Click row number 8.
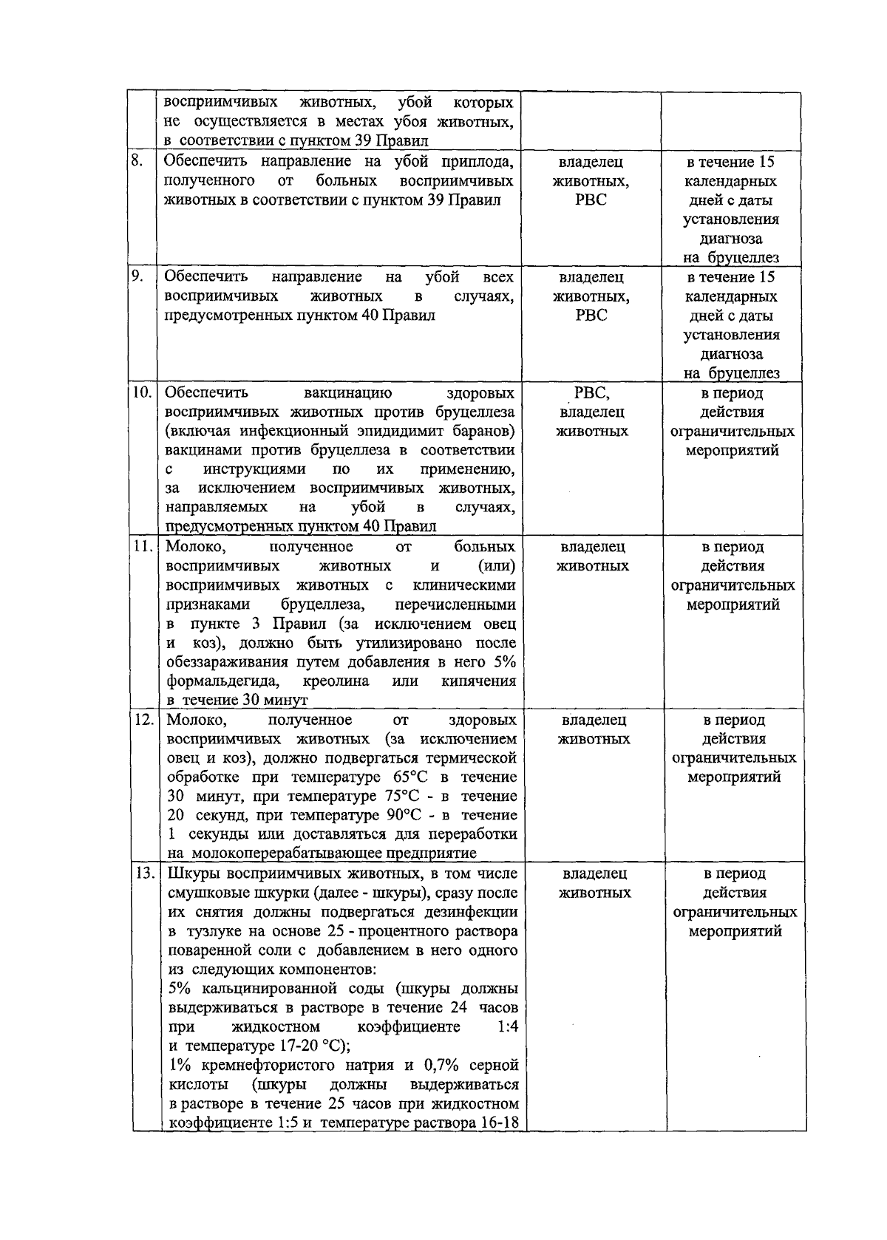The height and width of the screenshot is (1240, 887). tap(136, 161)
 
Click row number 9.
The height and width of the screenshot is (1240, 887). tap(137, 276)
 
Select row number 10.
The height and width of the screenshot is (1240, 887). tap(142, 392)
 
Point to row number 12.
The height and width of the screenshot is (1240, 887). tap(143, 720)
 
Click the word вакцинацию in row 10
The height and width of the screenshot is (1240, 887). tap(347, 392)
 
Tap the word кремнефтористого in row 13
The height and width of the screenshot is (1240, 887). tap(283, 1066)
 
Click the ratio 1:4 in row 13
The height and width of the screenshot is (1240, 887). tap(508, 1027)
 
